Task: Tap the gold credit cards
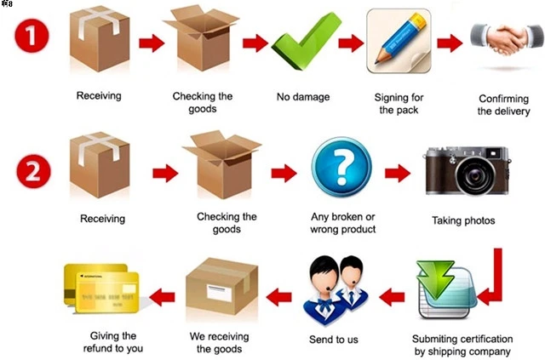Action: click(x=100, y=289)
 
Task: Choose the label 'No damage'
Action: click(x=301, y=97)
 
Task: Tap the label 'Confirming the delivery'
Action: click(x=503, y=105)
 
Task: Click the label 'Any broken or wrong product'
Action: click(x=343, y=223)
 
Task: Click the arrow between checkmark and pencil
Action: click(x=350, y=42)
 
